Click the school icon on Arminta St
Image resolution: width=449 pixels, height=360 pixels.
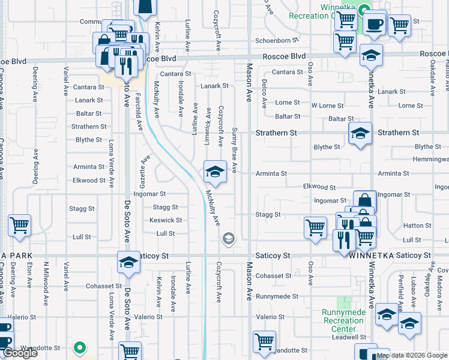214,172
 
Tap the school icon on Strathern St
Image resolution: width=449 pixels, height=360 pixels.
360,133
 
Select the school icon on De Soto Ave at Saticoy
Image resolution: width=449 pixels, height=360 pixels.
128,262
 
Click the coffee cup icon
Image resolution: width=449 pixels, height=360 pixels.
375,23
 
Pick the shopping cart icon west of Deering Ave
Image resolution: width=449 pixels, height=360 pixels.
19,225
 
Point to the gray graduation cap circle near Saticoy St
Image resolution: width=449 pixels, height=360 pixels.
228,239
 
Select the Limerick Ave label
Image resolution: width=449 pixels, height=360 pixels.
208,125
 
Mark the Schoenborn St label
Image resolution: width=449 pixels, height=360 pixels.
277,40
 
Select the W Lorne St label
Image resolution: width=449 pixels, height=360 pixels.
327,106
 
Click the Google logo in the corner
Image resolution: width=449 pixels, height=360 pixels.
20,353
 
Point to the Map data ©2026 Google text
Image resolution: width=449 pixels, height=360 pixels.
412,355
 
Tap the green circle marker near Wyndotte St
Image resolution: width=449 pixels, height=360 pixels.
79,347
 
